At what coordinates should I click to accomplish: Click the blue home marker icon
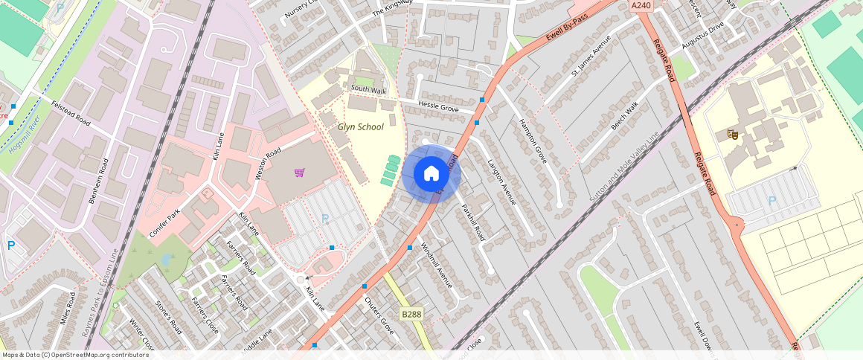point(431,174)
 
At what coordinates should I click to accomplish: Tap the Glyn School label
point(361,127)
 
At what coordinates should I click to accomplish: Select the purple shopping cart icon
point(299,173)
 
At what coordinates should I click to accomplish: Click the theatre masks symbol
point(732,135)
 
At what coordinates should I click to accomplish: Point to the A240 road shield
point(641,5)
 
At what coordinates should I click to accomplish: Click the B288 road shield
point(411,315)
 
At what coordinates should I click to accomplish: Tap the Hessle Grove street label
point(438,107)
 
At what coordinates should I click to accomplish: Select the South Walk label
point(369,90)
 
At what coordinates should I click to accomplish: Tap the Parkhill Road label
point(473,222)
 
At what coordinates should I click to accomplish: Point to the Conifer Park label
point(164,222)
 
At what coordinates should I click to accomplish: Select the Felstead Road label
point(71,112)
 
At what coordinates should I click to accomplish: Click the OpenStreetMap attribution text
point(74,355)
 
